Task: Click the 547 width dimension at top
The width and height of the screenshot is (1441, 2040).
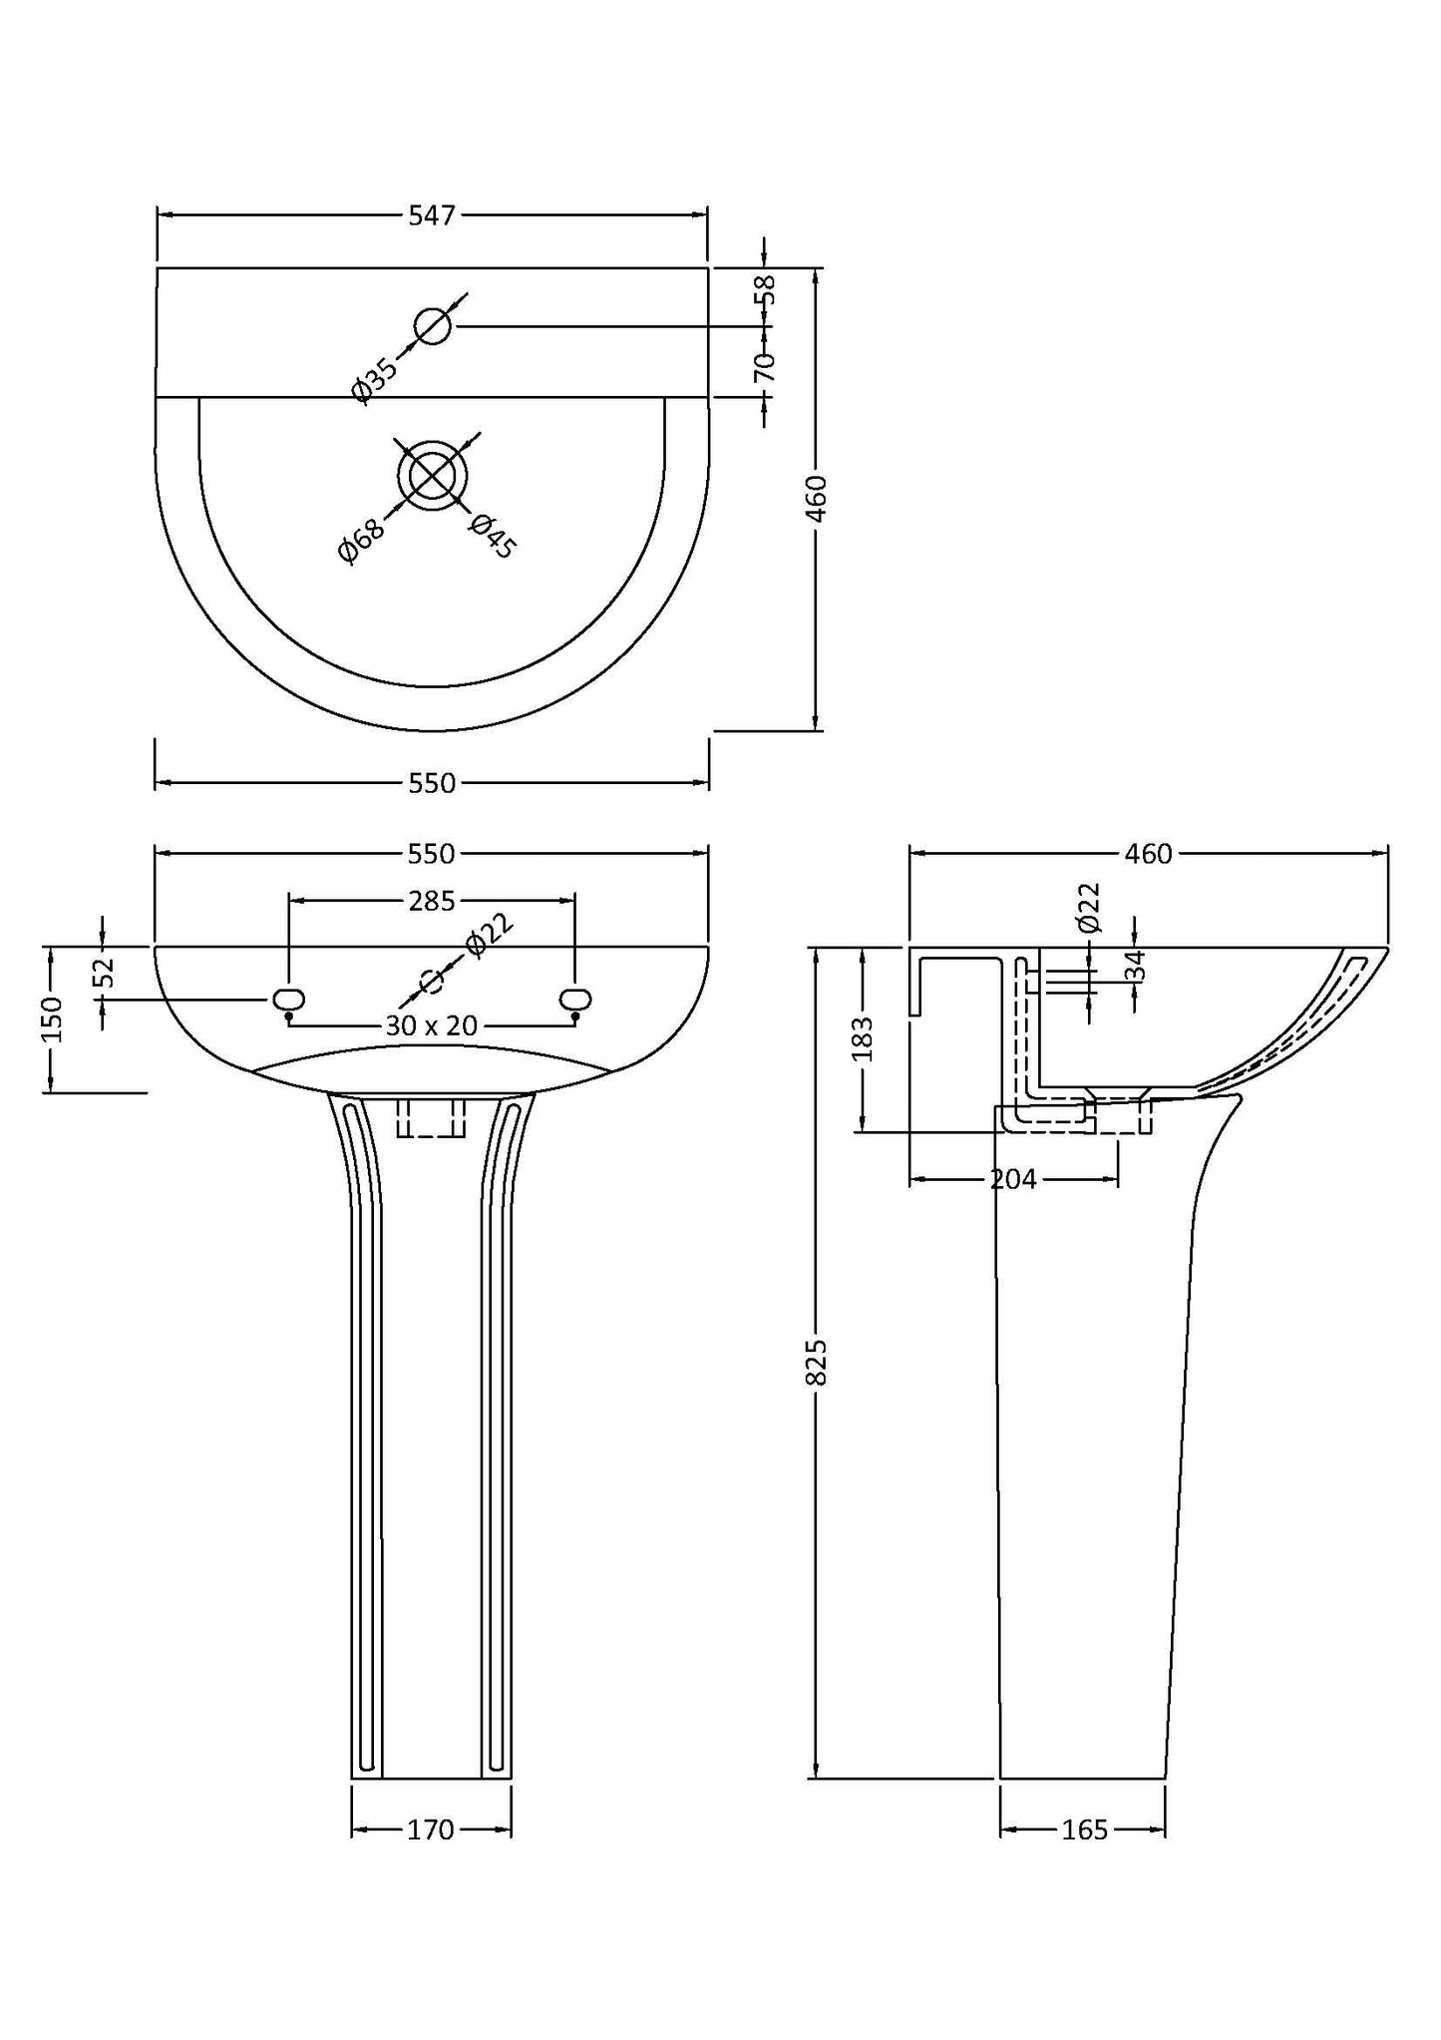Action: pyautogui.click(x=431, y=214)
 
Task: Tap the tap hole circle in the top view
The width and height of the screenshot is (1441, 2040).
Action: pyautogui.click(x=433, y=326)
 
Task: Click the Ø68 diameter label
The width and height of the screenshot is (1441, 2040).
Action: pyautogui.click(x=362, y=541)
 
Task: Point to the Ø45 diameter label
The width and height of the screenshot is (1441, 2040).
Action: pyautogui.click(x=492, y=535)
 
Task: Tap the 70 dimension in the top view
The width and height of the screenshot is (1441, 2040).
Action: pyautogui.click(x=766, y=366)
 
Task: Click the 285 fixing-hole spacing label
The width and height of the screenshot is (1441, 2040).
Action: pyautogui.click(x=431, y=901)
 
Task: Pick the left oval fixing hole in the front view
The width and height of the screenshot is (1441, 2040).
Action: pyautogui.click(x=288, y=999)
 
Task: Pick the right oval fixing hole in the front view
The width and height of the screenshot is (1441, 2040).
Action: pyautogui.click(x=575, y=999)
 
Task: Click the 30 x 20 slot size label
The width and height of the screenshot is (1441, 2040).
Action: pyautogui.click(x=431, y=1025)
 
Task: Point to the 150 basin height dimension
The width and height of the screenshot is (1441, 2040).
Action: pyautogui.click(x=52, y=1019)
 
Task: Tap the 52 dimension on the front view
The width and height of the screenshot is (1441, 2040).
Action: pyautogui.click(x=106, y=972)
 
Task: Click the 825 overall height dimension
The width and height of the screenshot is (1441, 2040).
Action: pyautogui.click(x=816, y=1361)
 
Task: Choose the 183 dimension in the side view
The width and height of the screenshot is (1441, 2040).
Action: pyautogui.click(x=864, y=1038)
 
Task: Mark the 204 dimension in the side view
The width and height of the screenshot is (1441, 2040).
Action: pyautogui.click(x=1013, y=1180)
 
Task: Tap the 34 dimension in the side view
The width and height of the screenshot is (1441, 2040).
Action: pyautogui.click(x=1135, y=965)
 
